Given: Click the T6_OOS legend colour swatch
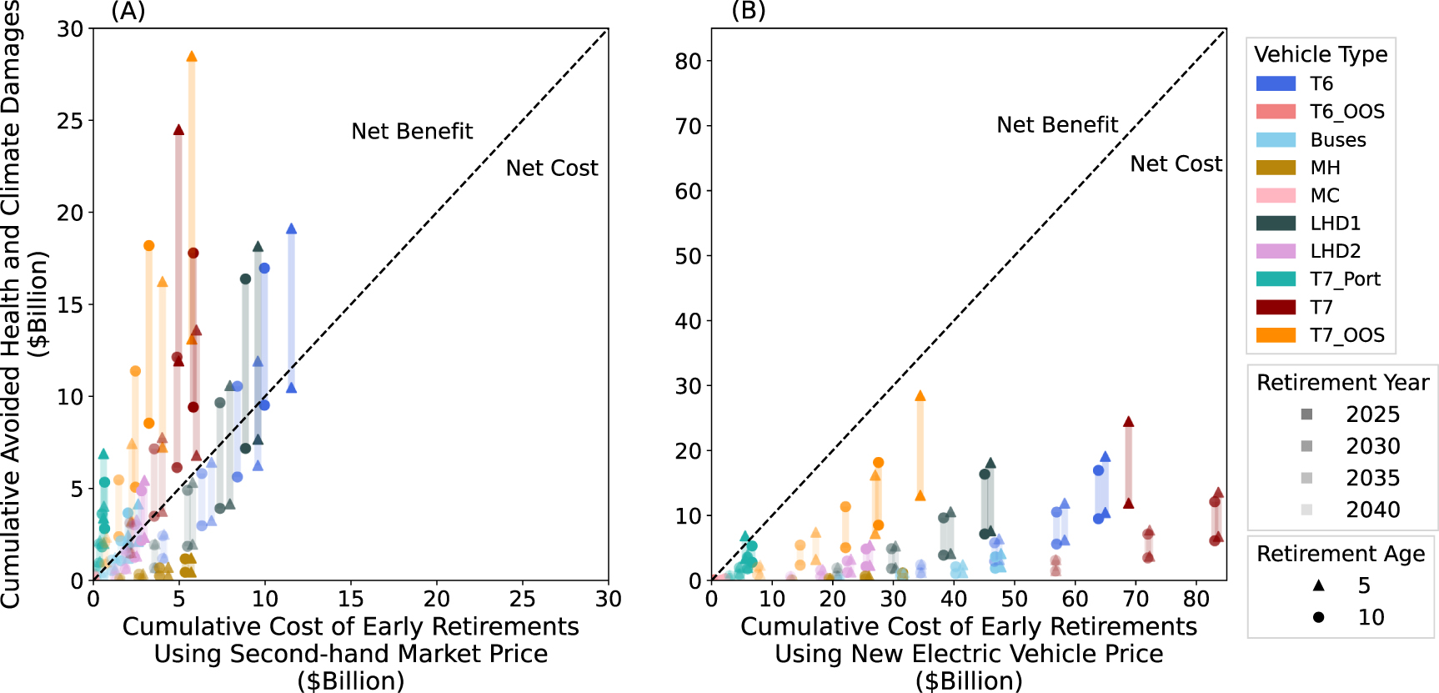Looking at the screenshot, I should pos(1276,112).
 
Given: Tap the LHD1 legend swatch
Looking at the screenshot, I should pos(1276,223).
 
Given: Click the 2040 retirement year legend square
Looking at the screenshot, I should pos(1306,510).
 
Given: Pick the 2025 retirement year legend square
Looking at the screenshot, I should pos(1306,414).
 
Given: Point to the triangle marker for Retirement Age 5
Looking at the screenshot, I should pos(1318,585).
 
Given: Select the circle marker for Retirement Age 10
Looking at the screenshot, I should pos(1318,617).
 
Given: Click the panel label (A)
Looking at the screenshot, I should pos(128,12).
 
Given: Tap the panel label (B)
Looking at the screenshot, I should pos(748,12).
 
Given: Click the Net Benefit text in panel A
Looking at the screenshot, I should pos(412,132).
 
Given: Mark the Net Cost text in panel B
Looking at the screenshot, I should pos(1176,164).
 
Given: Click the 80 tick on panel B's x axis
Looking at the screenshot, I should pos(1196,599).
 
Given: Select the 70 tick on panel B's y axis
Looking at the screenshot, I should pos(689,126).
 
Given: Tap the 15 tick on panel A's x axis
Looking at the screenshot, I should pos(351,599).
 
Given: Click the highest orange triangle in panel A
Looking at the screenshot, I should pos(192,56).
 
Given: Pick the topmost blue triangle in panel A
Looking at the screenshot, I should pos(291,228).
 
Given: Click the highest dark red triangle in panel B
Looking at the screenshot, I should pos(1128,421).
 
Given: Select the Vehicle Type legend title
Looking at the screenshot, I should pos(1321,55).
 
